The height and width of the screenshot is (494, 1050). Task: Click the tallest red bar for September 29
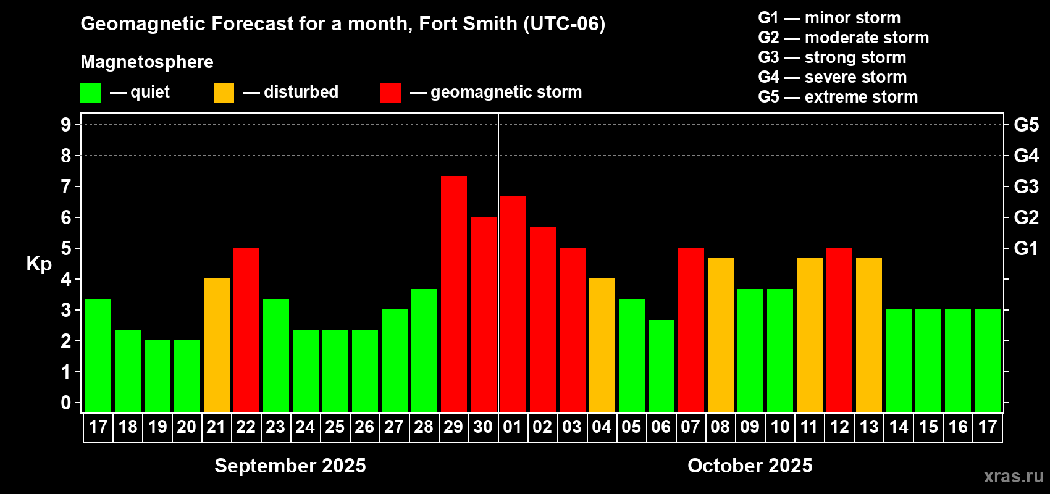(x=454, y=294)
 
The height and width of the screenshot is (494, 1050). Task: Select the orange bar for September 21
(x=217, y=345)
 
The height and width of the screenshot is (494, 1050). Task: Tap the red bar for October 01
(x=513, y=304)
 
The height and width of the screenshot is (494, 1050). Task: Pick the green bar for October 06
(x=661, y=366)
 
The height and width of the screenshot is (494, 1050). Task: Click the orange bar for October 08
(x=721, y=335)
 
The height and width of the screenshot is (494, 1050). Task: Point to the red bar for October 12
(x=839, y=330)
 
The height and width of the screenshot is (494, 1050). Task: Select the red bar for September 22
(x=246, y=330)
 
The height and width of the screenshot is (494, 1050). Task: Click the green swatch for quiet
(x=91, y=93)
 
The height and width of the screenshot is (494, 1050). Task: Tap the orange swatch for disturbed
(x=224, y=93)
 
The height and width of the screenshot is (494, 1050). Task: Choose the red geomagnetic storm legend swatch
(x=390, y=93)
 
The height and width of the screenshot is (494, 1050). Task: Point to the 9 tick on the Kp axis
(x=66, y=125)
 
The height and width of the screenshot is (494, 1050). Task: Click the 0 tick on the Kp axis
(x=66, y=403)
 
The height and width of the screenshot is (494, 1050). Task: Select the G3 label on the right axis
(x=1026, y=186)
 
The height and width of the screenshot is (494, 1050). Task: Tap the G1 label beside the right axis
(x=1026, y=248)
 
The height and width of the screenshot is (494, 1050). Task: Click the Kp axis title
(x=39, y=264)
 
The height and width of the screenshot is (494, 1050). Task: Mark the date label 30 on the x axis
(x=483, y=427)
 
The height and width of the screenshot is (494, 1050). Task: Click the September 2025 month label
(x=290, y=466)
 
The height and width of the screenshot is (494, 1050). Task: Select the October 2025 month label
(x=750, y=466)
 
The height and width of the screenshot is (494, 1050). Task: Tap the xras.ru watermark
(x=1014, y=476)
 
